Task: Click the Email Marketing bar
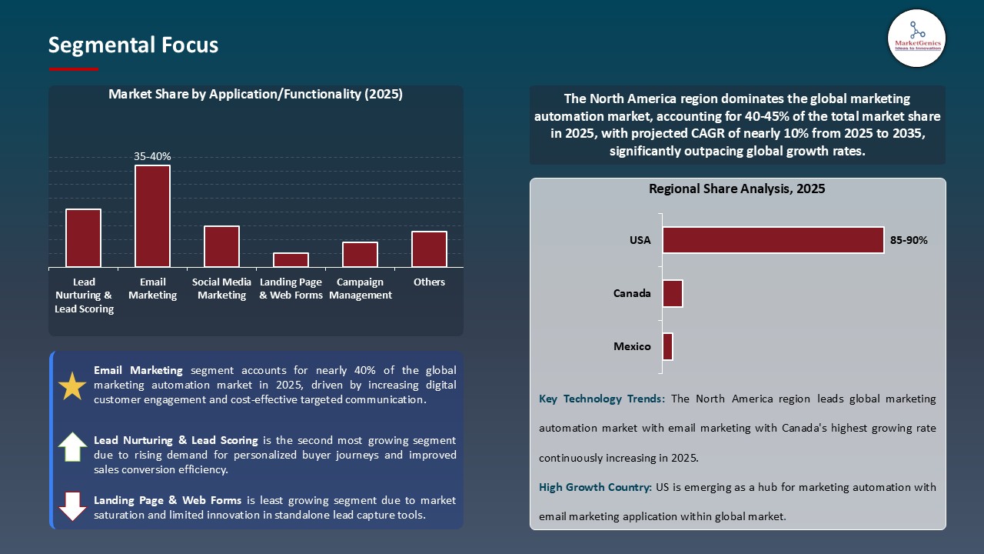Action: coord(152,216)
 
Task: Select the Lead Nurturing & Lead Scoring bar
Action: coord(83,238)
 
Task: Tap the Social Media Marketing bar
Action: coord(221,246)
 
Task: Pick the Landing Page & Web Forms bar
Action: coord(291,260)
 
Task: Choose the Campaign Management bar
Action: coord(360,255)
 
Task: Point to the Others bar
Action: coord(429,249)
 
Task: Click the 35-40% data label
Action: coord(152,156)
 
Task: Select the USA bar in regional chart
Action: coord(773,240)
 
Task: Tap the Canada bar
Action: coord(673,293)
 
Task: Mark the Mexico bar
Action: coord(667,346)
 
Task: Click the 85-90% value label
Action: coord(909,240)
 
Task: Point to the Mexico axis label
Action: coord(632,346)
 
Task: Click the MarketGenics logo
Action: coord(916,37)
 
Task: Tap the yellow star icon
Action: coord(72,385)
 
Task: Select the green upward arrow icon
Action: coord(72,447)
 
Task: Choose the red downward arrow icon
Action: coord(72,506)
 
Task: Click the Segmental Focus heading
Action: coord(133,45)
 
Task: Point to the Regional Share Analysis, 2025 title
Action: coord(736,189)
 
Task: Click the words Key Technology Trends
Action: coord(602,399)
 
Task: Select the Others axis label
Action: coord(429,282)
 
